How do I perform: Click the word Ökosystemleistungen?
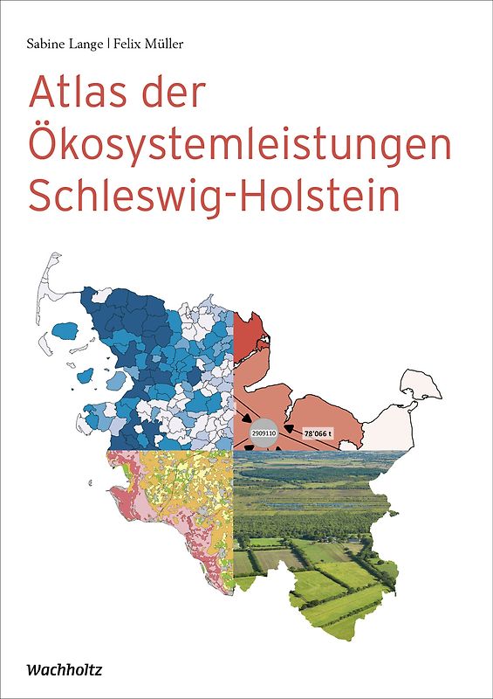point(240,145)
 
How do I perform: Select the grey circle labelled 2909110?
point(264,433)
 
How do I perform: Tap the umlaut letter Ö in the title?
point(47,143)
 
